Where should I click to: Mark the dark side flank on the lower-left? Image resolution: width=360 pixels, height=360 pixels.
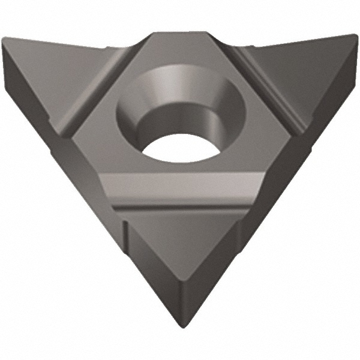[90, 198]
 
